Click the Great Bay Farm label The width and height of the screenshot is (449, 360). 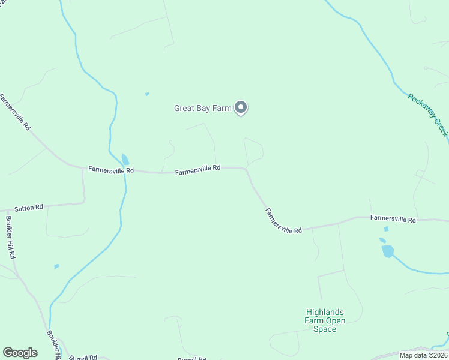point(202,109)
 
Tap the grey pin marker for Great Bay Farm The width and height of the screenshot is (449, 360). point(241,107)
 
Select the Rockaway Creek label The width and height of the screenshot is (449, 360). point(428,114)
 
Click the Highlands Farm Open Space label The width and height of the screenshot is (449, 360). point(325,320)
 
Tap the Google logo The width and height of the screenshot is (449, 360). point(20,353)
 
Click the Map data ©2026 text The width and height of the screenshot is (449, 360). point(423,355)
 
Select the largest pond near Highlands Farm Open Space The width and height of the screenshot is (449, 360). point(388,251)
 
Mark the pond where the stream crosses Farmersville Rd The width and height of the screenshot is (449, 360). point(125,160)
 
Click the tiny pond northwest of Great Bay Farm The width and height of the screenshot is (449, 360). point(146,94)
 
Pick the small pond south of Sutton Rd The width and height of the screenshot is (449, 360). point(56,266)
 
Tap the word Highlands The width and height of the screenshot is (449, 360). point(325,312)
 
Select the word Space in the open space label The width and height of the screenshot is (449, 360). point(325,329)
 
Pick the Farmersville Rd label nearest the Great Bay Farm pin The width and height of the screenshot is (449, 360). point(198,170)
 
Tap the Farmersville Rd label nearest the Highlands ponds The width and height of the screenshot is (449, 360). point(393,220)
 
